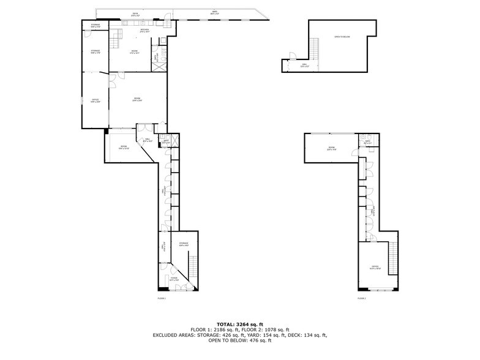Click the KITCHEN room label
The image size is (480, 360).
144,31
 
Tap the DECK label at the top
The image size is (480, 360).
135,13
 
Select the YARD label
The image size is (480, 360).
214,12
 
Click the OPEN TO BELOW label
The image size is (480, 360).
342,37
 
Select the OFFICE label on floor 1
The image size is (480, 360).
96,101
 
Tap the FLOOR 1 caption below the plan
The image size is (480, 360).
162,298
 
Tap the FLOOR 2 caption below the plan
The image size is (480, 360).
361,298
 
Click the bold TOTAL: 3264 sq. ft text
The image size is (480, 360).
240,324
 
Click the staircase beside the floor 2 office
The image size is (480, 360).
394,257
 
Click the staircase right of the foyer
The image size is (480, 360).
194,266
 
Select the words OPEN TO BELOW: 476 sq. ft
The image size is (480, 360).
239,340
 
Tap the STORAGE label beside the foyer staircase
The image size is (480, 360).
184,244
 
